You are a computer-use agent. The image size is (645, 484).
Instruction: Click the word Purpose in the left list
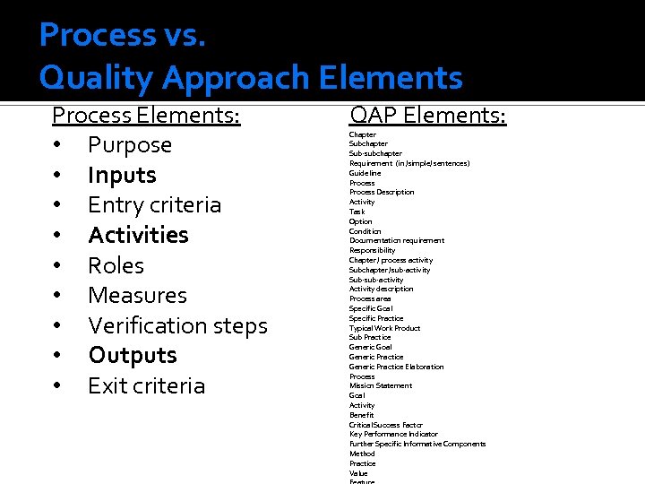129,145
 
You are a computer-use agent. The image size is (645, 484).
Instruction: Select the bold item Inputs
122,175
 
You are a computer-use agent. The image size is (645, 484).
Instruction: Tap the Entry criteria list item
154,205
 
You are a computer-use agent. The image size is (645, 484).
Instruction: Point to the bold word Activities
138,235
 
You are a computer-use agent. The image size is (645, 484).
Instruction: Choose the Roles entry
116,265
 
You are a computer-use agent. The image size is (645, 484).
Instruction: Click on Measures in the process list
137,295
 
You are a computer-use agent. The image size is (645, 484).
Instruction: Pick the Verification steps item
177,325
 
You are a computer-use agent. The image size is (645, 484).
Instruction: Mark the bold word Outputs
132,355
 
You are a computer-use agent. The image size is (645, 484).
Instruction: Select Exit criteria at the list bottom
146,385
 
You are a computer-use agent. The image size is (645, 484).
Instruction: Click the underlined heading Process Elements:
146,116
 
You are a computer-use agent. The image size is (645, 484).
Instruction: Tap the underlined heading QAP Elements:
427,116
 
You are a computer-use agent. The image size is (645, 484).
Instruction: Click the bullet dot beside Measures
56,296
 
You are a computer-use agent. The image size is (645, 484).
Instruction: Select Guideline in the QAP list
365,173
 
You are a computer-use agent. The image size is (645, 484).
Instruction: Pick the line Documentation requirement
396,240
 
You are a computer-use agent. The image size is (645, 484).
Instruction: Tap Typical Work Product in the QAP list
384,328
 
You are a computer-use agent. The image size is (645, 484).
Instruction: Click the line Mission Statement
381,385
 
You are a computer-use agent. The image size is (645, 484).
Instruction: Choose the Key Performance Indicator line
393,434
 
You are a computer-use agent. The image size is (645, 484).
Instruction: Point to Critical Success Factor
385,425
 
